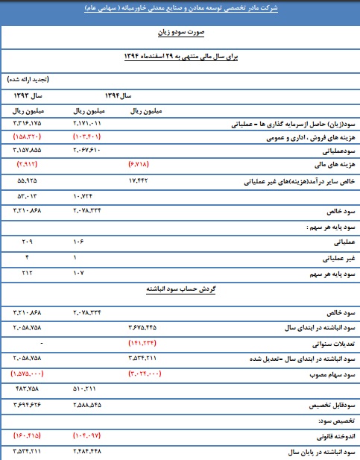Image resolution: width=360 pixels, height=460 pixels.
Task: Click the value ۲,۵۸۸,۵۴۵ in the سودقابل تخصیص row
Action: (x=90, y=404)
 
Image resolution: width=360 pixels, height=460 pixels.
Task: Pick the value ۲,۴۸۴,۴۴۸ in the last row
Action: (x=90, y=451)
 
